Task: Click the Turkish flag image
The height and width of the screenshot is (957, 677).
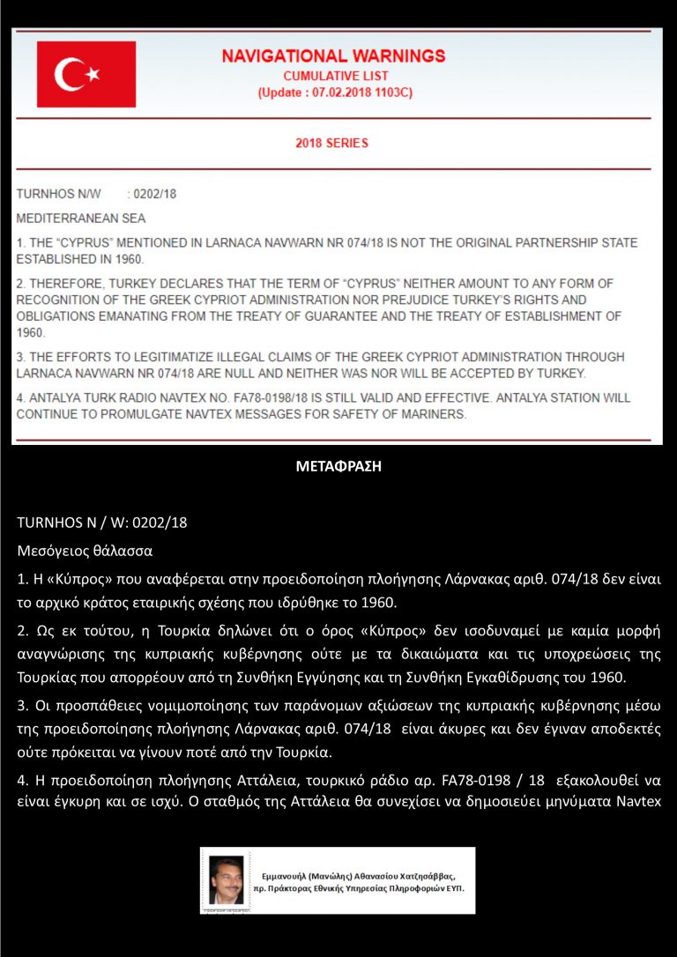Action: click(86, 74)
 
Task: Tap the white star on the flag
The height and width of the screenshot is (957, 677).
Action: click(93, 75)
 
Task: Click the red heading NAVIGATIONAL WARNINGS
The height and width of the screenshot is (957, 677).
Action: click(333, 56)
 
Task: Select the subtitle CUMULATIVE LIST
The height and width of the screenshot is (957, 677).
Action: click(336, 77)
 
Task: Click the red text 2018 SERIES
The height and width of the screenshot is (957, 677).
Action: click(332, 143)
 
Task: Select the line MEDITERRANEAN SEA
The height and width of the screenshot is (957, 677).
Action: click(81, 218)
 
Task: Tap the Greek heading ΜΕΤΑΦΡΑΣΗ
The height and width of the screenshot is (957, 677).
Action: click(338, 467)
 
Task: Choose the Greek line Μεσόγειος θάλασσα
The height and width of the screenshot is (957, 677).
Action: click(85, 552)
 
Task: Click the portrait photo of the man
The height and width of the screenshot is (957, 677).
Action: click(227, 880)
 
